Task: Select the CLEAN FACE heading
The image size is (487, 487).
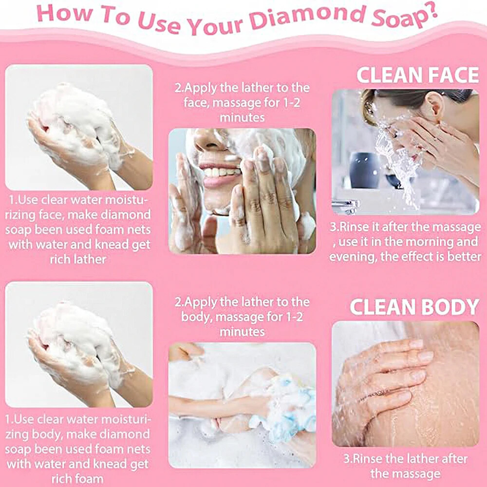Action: pos(418,75)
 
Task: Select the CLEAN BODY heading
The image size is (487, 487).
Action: pos(414,307)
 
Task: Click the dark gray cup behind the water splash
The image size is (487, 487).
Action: pos(365,170)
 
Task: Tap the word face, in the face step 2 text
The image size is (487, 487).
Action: pos(197,102)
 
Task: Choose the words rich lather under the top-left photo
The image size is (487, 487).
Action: pos(78,260)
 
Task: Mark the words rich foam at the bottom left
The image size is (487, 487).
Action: pos(77,479)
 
